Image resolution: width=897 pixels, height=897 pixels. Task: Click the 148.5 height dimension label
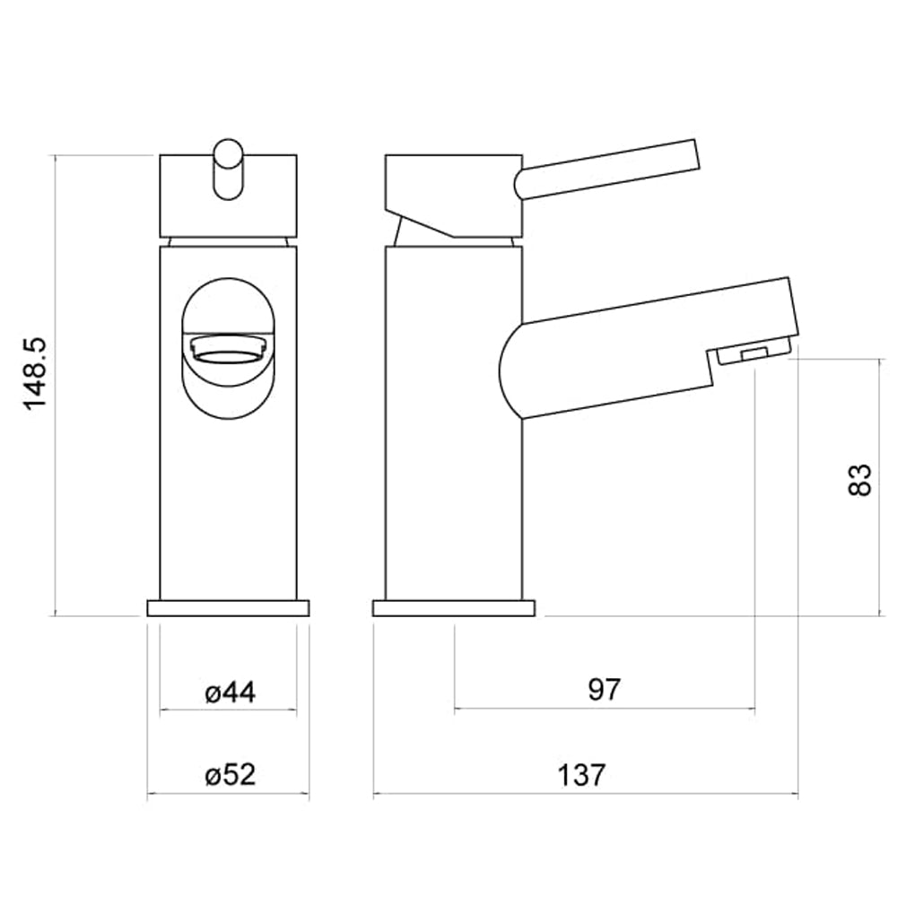(x=35, y=374)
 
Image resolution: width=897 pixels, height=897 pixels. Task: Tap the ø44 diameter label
(x=230, y=692)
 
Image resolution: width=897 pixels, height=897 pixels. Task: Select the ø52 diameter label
(x=230, y=774)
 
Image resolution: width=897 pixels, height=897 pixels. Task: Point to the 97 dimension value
(x=605, y=690)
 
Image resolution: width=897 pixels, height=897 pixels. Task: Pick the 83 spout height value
(x=858, y=480)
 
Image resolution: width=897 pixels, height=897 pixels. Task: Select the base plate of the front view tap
(x=228, y=608)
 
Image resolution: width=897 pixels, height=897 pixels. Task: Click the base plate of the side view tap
(x=453, y=608)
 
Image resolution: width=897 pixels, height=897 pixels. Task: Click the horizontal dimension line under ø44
(x=228, y=710)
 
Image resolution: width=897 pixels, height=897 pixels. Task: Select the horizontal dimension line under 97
(x=605, y=709)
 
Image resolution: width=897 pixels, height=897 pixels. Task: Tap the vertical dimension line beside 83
(x=876, y=538)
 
